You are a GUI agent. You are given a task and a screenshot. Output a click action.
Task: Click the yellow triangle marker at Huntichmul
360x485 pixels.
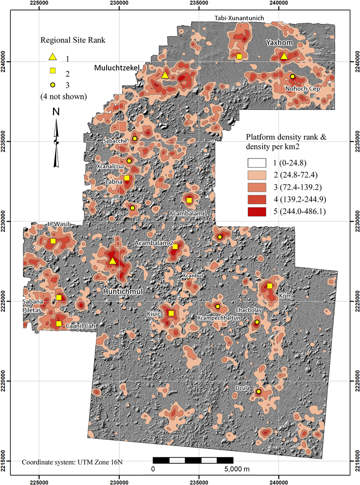tap(112, 261)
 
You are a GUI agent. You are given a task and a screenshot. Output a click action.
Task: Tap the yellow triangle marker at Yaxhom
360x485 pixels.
tap(283, 56)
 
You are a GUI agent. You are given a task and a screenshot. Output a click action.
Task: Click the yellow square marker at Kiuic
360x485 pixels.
tap(171, 313)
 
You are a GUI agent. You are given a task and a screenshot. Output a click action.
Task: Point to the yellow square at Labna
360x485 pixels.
tap(127, 178)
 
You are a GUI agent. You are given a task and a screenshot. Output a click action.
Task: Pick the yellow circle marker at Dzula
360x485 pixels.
tap(258, 391)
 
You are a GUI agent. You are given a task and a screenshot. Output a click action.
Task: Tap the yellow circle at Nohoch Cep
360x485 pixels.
tap(292, 76)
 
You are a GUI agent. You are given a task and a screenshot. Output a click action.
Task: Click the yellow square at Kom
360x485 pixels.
tap(270, 286)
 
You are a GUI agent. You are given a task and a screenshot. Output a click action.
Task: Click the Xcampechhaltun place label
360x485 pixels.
tap(218, 317)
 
